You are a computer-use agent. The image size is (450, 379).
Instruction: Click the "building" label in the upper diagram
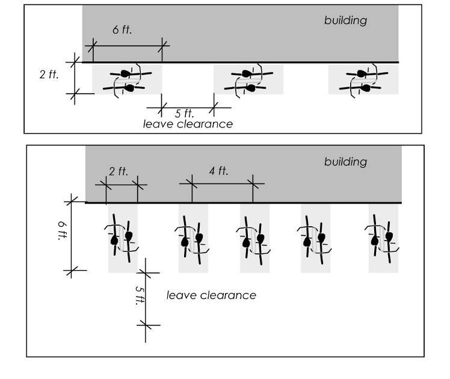pyautogui.click(x=345, y=20)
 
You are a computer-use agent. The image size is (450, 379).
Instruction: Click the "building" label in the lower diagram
pyautogui.click(x=345, y=162)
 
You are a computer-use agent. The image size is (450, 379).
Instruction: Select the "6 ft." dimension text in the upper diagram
pyautogui.click(x=122, y=29)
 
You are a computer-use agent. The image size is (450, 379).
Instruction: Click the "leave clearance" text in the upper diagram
pyautogui.click(x=188, y=124)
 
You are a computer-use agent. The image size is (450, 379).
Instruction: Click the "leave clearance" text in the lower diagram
pyautogui.click(x=211, y=295)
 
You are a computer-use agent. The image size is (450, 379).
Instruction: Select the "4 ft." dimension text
pyautogui.click(x=218, y=171)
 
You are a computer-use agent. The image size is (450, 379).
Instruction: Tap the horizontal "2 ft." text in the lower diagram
pyautogui.click(x=119, y=171)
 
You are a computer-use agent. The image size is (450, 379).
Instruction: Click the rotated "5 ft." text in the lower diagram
pyautogui.click(x=139, y=295)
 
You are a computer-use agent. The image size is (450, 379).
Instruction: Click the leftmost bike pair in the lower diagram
pyautogui.click(x=122, y=239)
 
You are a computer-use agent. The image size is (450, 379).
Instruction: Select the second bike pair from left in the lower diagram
pyautogui.click(x=193, y=239)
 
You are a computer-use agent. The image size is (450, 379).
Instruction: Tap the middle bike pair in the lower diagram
pyautogui.click(x=254, y=239)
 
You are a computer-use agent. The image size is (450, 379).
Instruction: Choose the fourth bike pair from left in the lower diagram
pyautogui.click(x=315, y=239)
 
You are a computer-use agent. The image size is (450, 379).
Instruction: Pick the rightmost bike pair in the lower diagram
pyautogui.click(x=383, y=239)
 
